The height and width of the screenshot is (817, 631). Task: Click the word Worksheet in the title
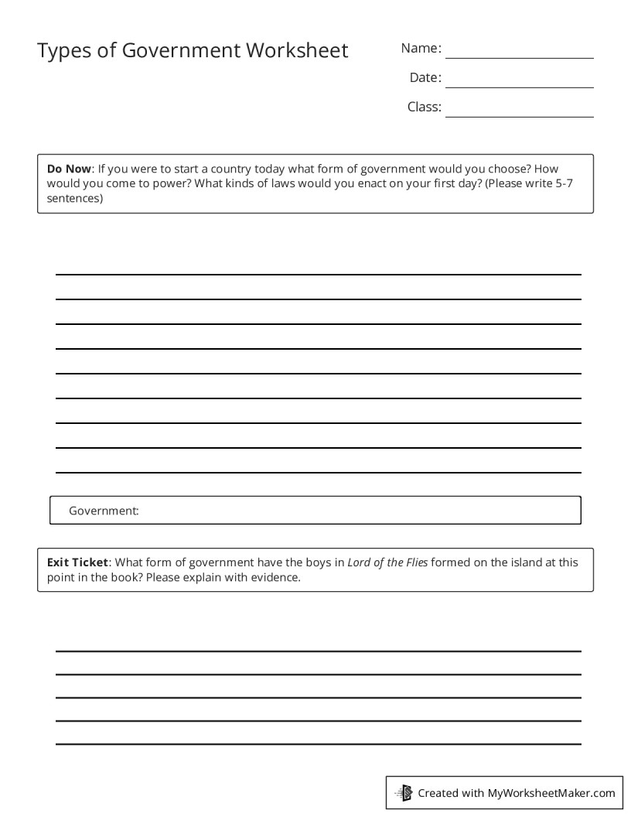click(x=297, y=51)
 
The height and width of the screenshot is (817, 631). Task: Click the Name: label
click(x=421, y=49)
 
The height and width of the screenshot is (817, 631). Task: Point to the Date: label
click(x=425, y=77)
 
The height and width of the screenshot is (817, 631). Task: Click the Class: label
click(x=425, y=107)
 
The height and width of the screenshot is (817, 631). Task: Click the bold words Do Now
click(x=70, y=169)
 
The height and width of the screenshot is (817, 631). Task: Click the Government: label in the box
click(x=104, y=511)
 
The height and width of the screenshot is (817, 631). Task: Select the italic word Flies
click(x=413, y=562)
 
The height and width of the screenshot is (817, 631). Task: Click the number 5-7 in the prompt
click(x=563, y=183)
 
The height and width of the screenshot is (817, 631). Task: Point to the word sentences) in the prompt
click(x=74, y=198)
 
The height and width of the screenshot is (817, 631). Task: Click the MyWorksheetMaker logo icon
click(x=404, y=792)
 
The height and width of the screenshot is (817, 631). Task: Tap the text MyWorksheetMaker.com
click(x=551, y=793)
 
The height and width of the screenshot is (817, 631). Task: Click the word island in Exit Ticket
click(x=513, y=562)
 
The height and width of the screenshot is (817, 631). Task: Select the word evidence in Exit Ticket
click(x=275, y=578)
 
